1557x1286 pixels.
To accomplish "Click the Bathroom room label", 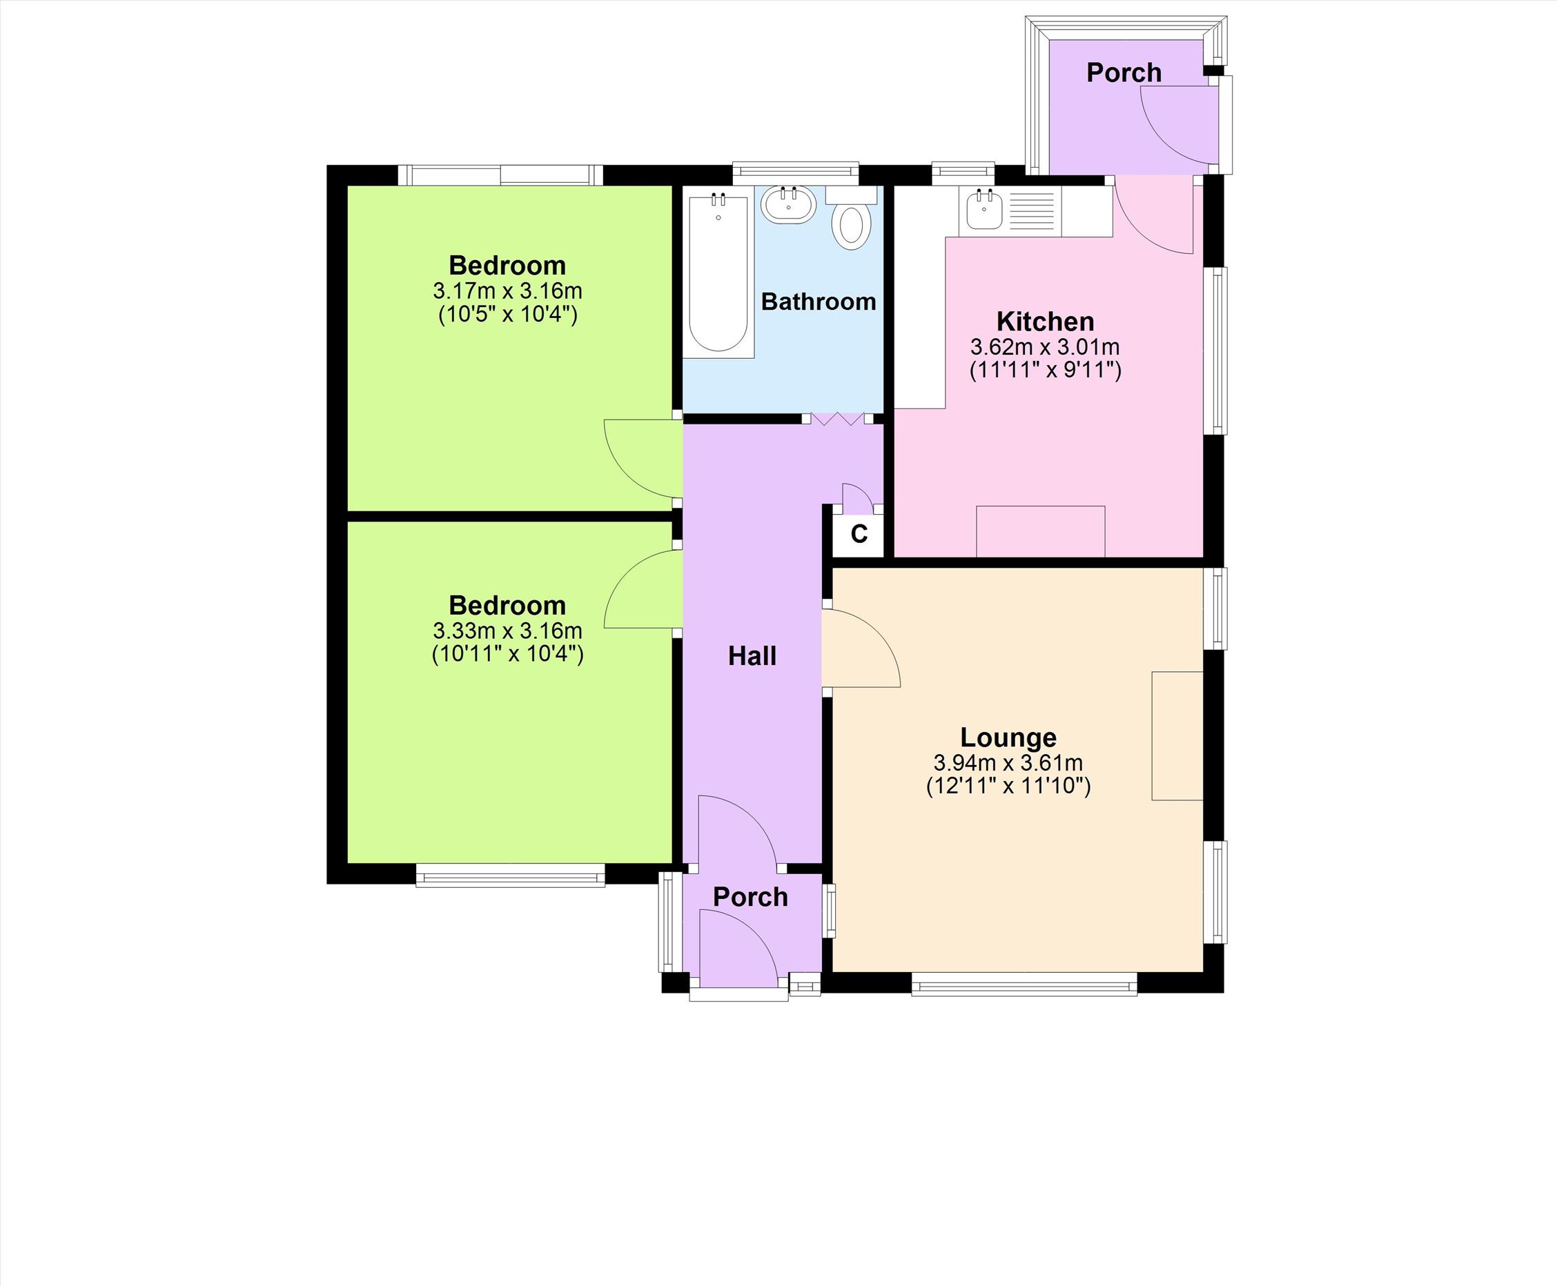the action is tap(818, 301).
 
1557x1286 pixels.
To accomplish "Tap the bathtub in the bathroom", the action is tap(718, 272).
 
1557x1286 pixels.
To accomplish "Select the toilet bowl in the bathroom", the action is tap(851, 228).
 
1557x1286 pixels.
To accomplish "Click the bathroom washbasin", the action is tap(788, 204).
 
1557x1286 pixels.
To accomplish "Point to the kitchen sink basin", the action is tap(985, 210).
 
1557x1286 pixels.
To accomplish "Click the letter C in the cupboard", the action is tap(859, 533).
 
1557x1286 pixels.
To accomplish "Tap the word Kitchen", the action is tap(1045, 321).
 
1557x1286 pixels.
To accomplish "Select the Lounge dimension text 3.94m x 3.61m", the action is tap(1008, 762).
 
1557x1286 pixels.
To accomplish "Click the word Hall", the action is tap(752, 655).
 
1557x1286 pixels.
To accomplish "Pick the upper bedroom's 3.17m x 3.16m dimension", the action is tap(508, 290).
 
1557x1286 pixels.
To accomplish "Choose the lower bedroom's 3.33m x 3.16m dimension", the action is tap(508, 631).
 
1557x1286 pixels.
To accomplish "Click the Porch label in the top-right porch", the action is tap(1124, 72).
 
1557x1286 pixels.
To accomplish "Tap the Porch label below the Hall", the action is tap(750, 897).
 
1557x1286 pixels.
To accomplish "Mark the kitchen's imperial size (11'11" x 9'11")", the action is tap(1045, 370).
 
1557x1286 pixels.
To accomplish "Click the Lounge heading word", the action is tap(1008, 737).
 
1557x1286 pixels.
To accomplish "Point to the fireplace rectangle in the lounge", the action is tap(1177, 735).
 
